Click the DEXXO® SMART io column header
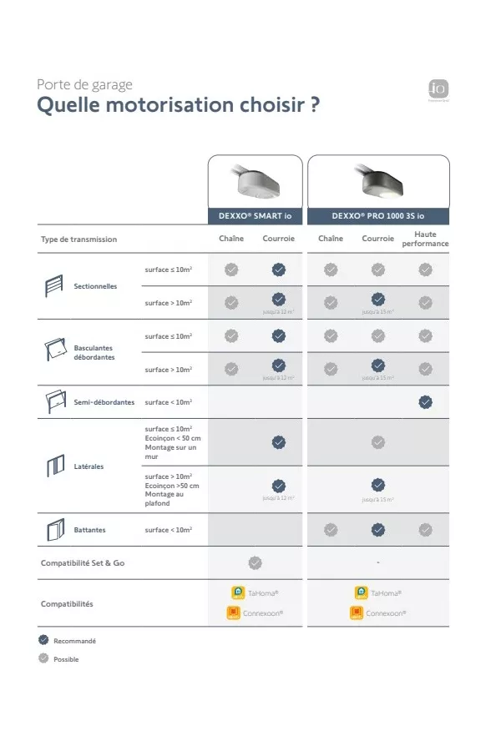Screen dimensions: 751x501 [x=255, y=215]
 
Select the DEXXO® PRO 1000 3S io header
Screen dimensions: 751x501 [x=377, y=215]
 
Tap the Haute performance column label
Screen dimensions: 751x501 [x=425, y=239]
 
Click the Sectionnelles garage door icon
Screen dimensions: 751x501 [x=54, y=286]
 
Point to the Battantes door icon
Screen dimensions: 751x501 [x=54, y=529]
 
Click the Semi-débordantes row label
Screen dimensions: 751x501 [x=104, y=402]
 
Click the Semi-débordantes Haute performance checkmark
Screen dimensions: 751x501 [x=425, y=401]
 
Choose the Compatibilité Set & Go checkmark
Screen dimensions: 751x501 [x=256, y=562]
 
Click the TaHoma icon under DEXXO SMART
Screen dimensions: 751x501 [x=238, y=592]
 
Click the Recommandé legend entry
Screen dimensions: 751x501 [x=68, y=641]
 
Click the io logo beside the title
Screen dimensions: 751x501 [x=438, y=88]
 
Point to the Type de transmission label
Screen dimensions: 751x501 [x=79, y=239]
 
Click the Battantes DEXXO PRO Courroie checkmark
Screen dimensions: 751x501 [x=378, y=529]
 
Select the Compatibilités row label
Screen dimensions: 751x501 [x=67, y=603]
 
